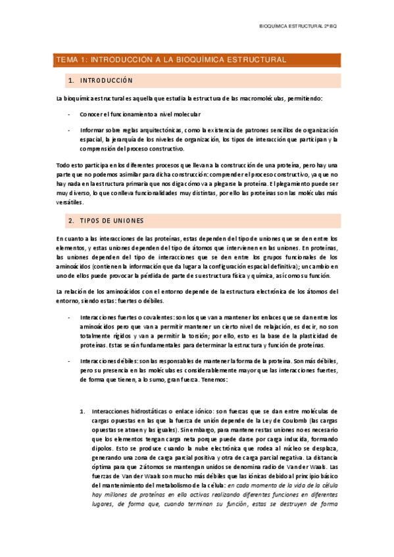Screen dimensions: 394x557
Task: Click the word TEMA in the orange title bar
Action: [66, 60]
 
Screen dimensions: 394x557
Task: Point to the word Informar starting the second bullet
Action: [94, 130]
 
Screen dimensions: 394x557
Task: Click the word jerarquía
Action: [132, 139]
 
